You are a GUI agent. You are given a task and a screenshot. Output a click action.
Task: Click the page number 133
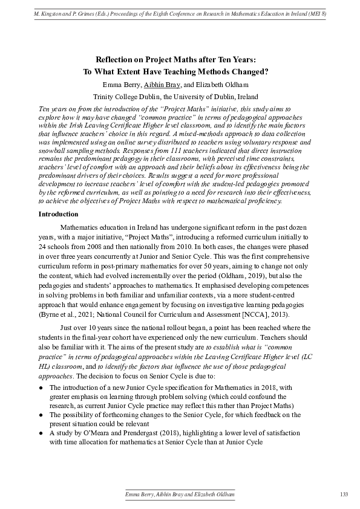[344, 494]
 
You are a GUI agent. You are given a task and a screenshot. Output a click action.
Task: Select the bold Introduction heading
[58, 214]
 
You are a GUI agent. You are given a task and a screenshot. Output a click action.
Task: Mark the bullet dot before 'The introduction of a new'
[41, 386]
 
